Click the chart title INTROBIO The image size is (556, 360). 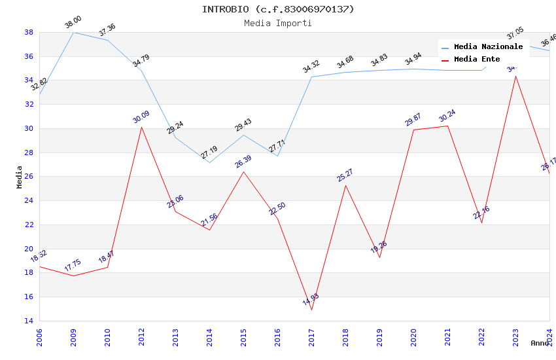(x=278, y=9)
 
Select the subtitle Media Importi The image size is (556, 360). (x=278, y=23)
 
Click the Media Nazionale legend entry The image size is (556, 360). (x=488, y=47)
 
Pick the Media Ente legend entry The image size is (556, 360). (x=477, y=60)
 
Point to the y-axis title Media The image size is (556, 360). (x=20, y=177)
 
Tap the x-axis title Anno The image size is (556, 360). (x=540, y=343)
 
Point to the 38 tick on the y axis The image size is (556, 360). (x=29, y=32)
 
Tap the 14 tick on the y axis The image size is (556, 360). (x=29, y=321)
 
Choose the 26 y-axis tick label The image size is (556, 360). (x=29, y=177)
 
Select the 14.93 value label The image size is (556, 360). (x=311, y=300)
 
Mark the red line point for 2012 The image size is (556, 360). (x=141, y=127)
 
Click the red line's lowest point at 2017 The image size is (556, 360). (x=311, y=310)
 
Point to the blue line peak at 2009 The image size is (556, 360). (x=73, y=32)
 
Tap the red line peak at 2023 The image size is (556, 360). (x=515, y=76)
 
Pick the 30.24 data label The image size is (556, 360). (x=447, y=116)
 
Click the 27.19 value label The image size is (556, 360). (x=209, y=153)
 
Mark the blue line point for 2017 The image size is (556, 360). (x=311, y=77)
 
